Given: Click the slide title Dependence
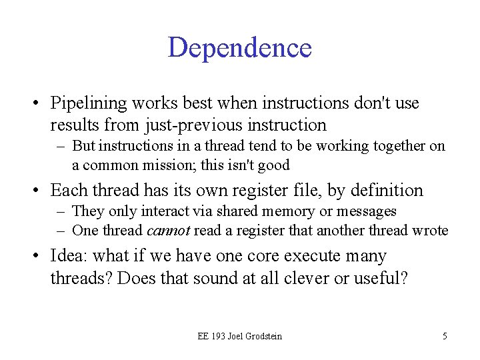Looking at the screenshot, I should click(240, 47).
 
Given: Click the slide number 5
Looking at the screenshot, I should click(445, 336).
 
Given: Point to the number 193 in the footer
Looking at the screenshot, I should click(219, 336).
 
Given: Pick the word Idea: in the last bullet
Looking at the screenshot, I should click(70, 256).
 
